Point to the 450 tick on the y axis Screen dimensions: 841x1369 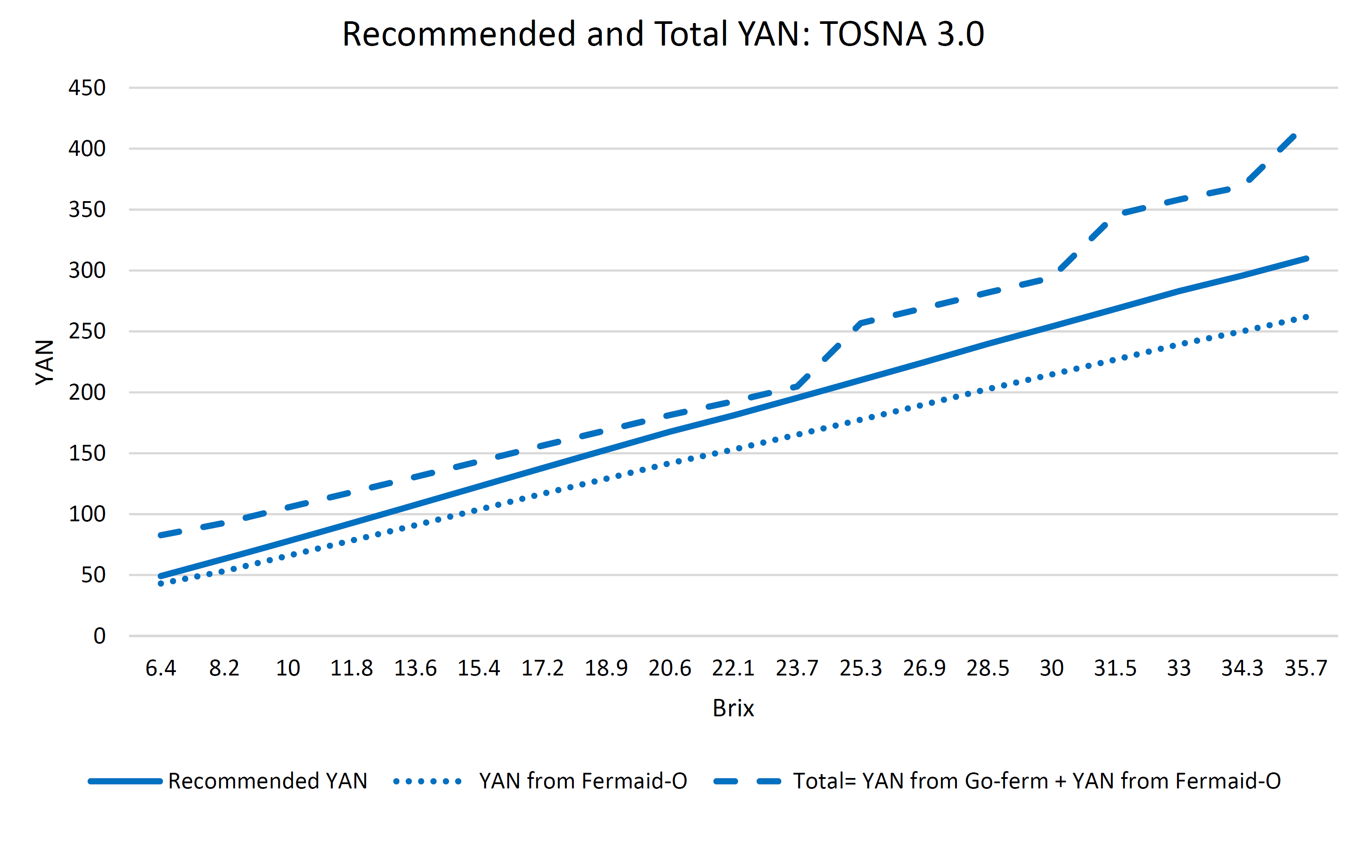click(87, 88)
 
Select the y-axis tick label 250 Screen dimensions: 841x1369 click(87, 331)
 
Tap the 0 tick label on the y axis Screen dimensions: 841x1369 click(99, 636)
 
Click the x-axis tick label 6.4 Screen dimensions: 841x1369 click(161, 668)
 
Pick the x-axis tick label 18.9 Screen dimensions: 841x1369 click(606, 668)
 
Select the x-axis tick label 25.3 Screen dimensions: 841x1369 click(861, 668)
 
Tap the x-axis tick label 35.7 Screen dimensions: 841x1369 click(1306, 668)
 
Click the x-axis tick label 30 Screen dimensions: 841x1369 click(1052, 668)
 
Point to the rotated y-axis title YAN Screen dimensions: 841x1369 click(44, 362)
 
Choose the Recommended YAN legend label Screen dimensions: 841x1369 click(268, 781)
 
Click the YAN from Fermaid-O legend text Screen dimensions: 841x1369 click(583, 781)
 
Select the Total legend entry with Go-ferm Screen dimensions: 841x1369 click(1036, 781)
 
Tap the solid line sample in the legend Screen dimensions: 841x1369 click(125, 781)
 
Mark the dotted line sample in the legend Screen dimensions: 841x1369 click(427, 781)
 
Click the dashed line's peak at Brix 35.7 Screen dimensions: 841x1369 click(1294, 136)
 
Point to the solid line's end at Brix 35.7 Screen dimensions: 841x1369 click(1306, 258)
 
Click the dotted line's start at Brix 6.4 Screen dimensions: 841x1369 click(161, 583)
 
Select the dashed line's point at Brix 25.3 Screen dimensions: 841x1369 click(861, 323)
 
